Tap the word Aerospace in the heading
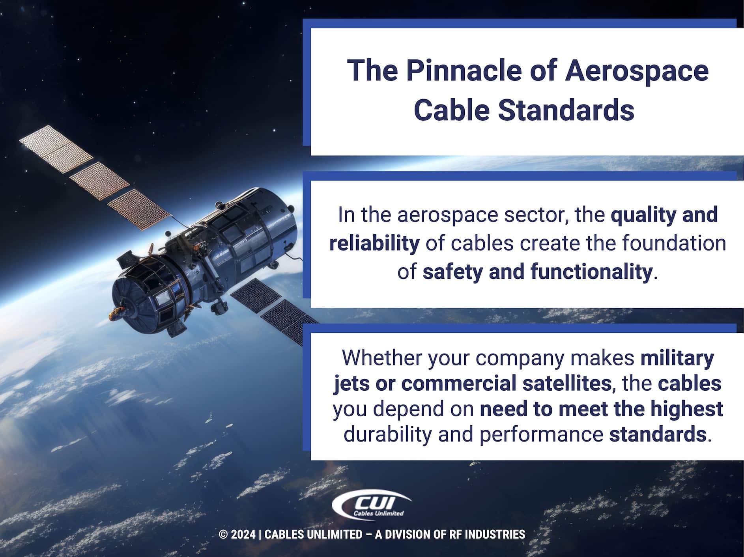pyautogui.click(x=637, y=71)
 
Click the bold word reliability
pyautogui.click(x=374, y=243)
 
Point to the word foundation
pyautogui.click(x=674, y=243)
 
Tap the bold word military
pyautogui.click(x=677, y=358)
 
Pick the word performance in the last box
pyautogui.click(x=541, y=434)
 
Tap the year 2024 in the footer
pyautogui.click(x=243, y=535)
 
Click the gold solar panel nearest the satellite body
pyautogui.click(x=139, y=209)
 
